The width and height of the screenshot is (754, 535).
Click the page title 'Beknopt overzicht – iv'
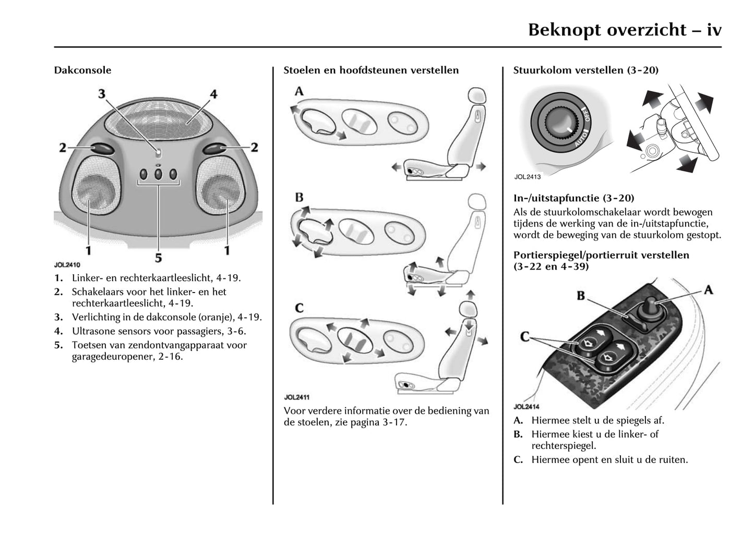pos(625,29)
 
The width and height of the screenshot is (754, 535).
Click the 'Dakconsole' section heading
pos(82,70)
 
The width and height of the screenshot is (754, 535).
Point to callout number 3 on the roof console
pos(102,94)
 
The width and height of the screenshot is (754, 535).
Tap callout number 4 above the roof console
pos(213,94)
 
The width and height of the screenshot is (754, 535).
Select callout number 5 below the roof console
pos(158,257)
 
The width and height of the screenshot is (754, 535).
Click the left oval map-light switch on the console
pos(103,149)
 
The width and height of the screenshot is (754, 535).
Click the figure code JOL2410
pos(67,264)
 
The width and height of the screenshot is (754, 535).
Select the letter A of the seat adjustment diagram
pos(299,92)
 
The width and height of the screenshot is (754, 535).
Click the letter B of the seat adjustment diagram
pos(299,198)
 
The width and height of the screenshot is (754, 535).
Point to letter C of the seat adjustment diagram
pos(299,308)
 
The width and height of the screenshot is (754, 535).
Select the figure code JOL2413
pos(527,177)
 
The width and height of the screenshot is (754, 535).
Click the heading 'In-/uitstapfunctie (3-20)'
pos(573,198)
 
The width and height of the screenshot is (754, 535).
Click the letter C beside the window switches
pos(525,337)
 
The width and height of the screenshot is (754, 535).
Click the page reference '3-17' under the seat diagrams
pos(394,422)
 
